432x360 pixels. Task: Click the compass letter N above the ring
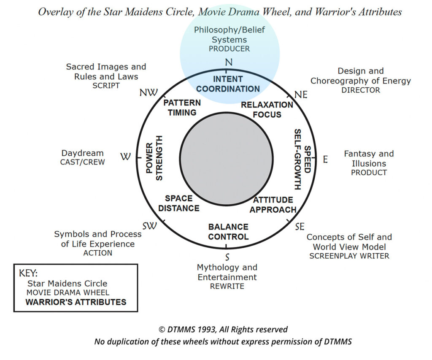coord(229,62)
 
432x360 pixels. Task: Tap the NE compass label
coord(300,95)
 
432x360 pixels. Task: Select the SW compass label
coord(149,226)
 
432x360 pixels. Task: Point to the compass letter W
coord(125,157)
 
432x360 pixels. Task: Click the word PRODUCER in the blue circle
coord(229,49)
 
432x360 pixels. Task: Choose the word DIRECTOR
coord(361,90)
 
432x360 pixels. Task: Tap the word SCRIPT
coord(106,85)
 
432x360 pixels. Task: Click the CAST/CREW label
coord(82,162)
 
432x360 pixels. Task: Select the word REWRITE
coord(227,286)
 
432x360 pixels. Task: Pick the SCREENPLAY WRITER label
coord(349,256)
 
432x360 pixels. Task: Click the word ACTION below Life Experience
coord(97,253)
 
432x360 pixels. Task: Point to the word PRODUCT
coord(369,172)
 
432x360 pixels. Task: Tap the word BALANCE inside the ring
coord(228,227)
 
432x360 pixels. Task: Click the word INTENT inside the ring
coord(228,79)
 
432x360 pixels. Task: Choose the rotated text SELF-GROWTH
coord(297,159)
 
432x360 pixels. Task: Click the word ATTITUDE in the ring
coord(273,200)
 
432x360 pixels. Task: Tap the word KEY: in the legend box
coord(28,273)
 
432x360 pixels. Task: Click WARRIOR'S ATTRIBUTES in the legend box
coord(76,302)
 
